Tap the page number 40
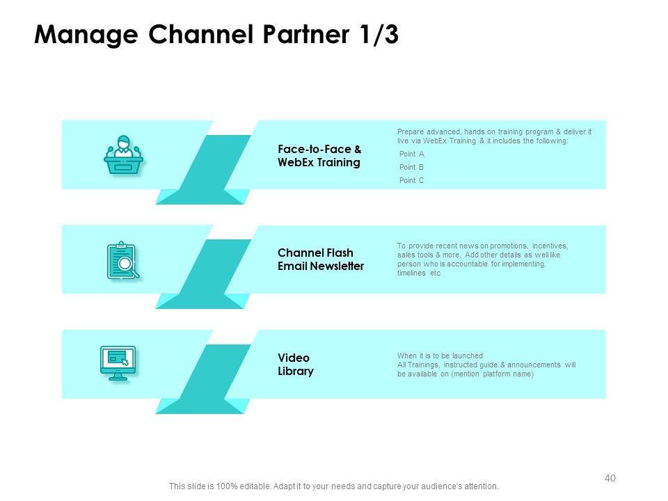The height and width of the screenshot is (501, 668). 610,478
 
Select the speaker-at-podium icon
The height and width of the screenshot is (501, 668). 123,155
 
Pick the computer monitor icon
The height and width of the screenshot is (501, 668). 118,363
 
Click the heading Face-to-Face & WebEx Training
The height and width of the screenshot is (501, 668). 319,156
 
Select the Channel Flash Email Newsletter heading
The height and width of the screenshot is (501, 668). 320,260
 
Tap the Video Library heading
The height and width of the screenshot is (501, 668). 295,364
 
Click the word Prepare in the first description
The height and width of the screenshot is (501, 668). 409,132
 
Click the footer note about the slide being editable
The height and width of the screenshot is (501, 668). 333,486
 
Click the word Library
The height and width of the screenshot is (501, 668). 295,371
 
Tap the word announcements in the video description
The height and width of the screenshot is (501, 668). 534,365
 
